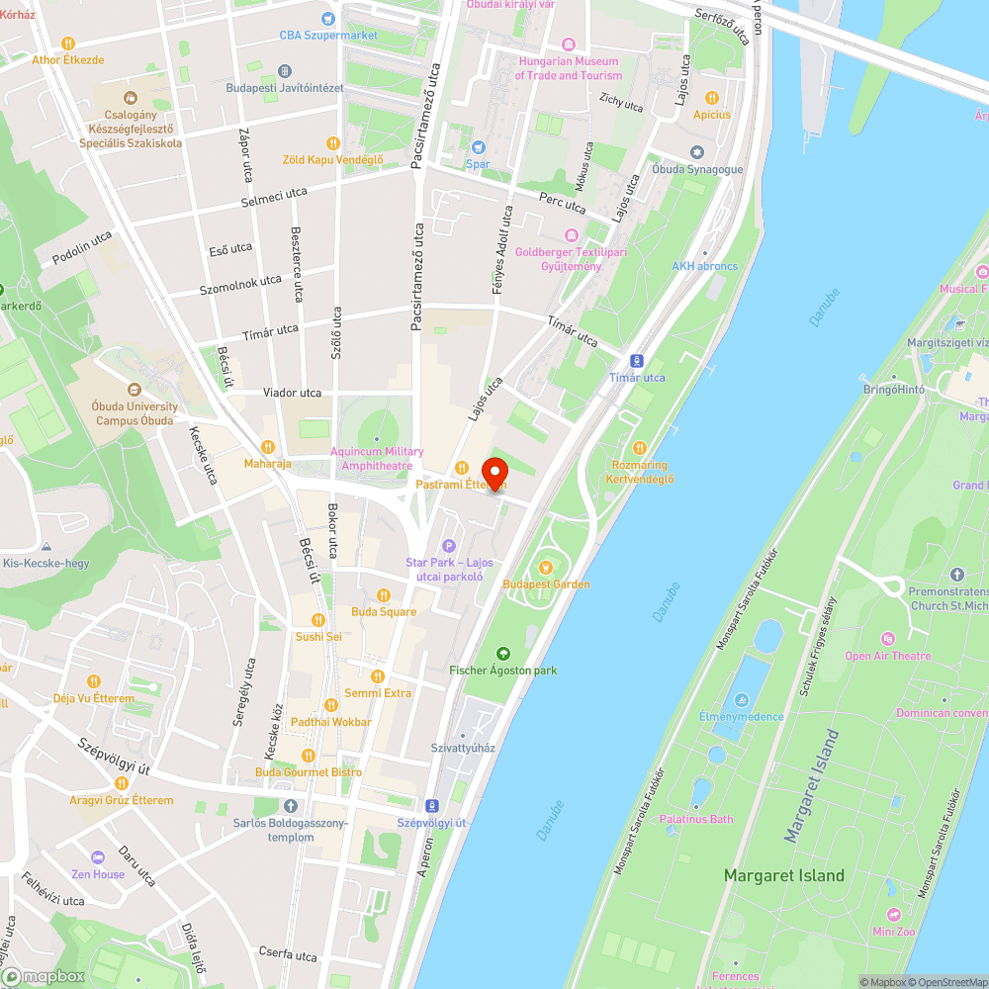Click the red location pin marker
(x=494, y=474)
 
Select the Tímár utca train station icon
(x=638, y=361)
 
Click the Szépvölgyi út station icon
(x=431, y=806)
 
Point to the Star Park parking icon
(x=448, y=546)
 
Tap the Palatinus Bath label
(x=696, y=819)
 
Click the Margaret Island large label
(x=783, y=875)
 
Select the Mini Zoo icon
(x=894, y=915)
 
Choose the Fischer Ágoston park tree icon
(x=503, y=653)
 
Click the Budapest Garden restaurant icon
(x=545, y=567)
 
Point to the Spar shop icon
(x=479, y=147)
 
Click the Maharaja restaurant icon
(x=267, y=446)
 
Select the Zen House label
(x=98, y=874)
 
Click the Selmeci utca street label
(x=274, y=198)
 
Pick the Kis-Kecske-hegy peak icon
(x=46, y=547)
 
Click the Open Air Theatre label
(x=887, y=656)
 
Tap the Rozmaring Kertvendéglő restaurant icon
(x=639, y=448)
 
